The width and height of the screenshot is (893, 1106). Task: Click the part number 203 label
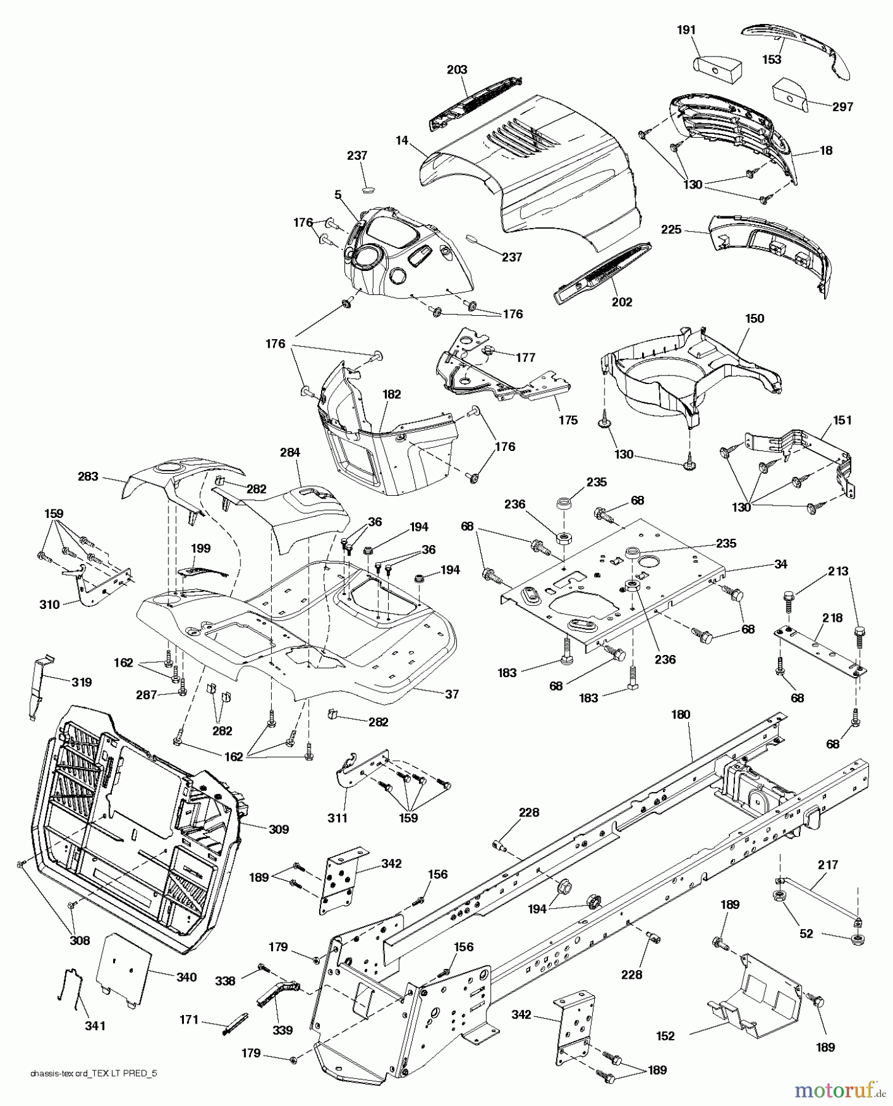pyautogui.click(x=457, y=70)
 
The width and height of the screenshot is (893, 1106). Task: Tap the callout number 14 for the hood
pyautogui.click(x=402, y=141)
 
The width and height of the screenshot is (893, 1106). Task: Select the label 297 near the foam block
pyautogui.click(x=842, y=107)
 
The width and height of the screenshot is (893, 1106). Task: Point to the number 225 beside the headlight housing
pyautogui.click(x=671, y=229)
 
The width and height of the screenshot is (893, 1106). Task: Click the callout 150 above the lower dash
pyautogui.click(x=755, y=318)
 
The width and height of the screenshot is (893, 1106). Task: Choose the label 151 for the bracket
pyautogui.click(x=842, y=420)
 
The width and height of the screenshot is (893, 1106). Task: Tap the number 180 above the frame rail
pyautogui.click(x=681, y=715)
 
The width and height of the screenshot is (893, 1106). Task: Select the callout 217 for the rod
pyautogui.click(x=828, y=865)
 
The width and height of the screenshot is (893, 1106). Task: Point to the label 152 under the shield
pyautogui.click(x=665, y=1036)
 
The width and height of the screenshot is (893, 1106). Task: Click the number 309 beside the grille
pyautogui.click(x=279, y=829)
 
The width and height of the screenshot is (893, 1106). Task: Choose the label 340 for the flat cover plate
pyautogui.click(x=186, y=977)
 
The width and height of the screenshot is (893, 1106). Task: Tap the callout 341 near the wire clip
pyautogui.click(x=95, y=1026)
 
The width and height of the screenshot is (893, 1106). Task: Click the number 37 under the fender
pyautogui.click(x=452, y=694)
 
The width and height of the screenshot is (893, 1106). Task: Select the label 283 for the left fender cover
pyautogui.click(x=88, y=476)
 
